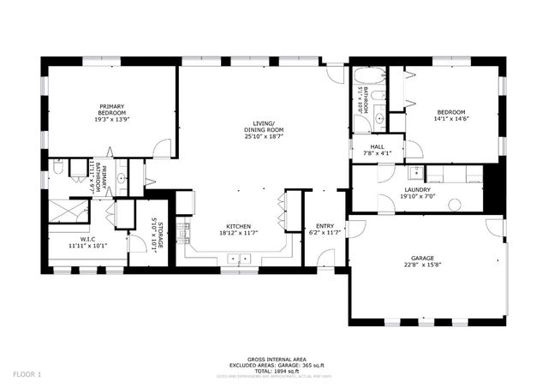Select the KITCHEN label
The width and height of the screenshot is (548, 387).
(238, 227)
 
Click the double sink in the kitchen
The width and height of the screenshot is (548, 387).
(238, 257)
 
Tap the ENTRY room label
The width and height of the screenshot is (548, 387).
(325, 227)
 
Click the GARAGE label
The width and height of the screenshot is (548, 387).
(421, 258)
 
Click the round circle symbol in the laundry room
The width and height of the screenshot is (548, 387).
(454, 205)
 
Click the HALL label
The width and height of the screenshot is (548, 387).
(378, 146)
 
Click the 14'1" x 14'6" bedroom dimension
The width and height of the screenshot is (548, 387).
(451, 121)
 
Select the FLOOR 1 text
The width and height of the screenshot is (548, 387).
(27, 373)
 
